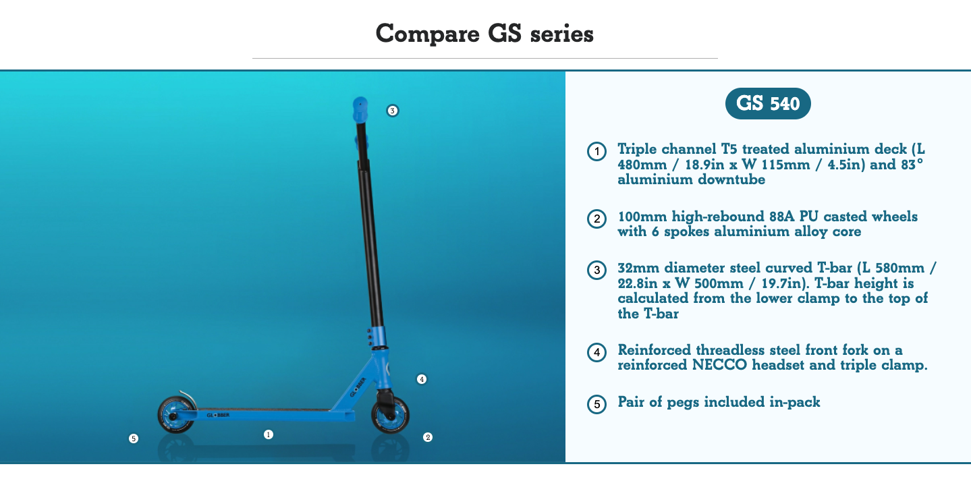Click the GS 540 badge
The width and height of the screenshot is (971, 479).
tap(768, 104)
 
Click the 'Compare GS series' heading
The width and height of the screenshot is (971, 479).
tap(484, 33)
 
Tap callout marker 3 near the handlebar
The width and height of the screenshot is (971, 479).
tap(392, 111)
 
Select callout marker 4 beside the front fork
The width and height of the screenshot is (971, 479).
tap(421, 379)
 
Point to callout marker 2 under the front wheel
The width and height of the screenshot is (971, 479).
tap(427, 437)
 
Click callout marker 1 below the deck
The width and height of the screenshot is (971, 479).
tap(269, 434)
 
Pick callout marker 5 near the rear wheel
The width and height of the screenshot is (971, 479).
tap(134, 439)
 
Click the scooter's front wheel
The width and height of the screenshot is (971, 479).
tap(390, 416)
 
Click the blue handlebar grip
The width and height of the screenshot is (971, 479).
tap(360, 109)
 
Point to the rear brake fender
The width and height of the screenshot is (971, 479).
tap(188, 397)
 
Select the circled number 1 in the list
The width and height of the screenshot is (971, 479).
tap(597, 152)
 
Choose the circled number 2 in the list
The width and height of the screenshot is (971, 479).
tap(597, 219)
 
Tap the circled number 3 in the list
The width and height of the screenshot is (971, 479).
tap(597, 270)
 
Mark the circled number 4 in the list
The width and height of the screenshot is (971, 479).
tap(597, 352)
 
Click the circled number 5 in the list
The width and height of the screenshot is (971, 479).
tap(597, 404)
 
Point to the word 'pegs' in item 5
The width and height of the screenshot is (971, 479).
tap(683, 403)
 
